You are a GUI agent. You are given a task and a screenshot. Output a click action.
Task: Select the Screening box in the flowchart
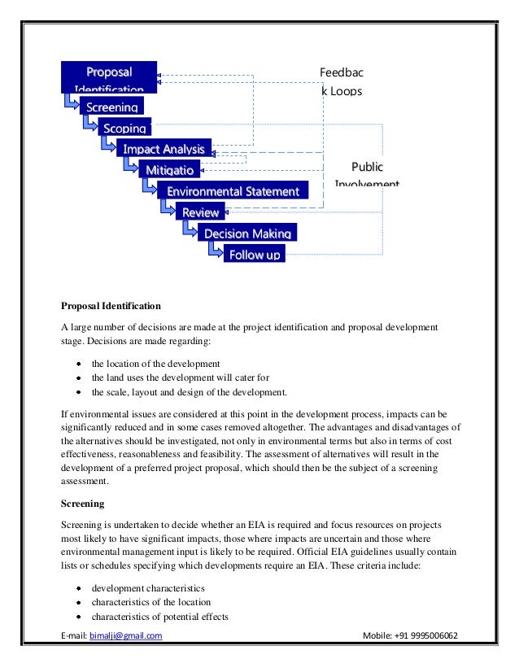[x=113, y=107]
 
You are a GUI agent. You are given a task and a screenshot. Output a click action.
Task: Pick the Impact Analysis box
[x=164, y=149]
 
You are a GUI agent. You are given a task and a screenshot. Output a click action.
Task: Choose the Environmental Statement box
[x=233, y=191]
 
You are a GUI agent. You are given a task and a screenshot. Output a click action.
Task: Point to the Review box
[x=200, y=212]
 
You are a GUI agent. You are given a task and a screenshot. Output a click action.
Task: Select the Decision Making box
[x=246, y=233]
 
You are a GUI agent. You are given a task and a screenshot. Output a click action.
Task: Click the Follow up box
[x=254, y=255]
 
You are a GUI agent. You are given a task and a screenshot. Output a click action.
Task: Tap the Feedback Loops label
[x=341, y=81]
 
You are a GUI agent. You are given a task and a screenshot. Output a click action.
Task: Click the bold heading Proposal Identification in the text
[x=111, y=307]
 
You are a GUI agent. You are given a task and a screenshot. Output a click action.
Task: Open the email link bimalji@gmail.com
[x=125, y=635]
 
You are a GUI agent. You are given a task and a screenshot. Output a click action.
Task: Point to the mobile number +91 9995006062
[x=428, y=635]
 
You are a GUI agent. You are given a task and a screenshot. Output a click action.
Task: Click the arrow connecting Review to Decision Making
[x=188, y=229]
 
